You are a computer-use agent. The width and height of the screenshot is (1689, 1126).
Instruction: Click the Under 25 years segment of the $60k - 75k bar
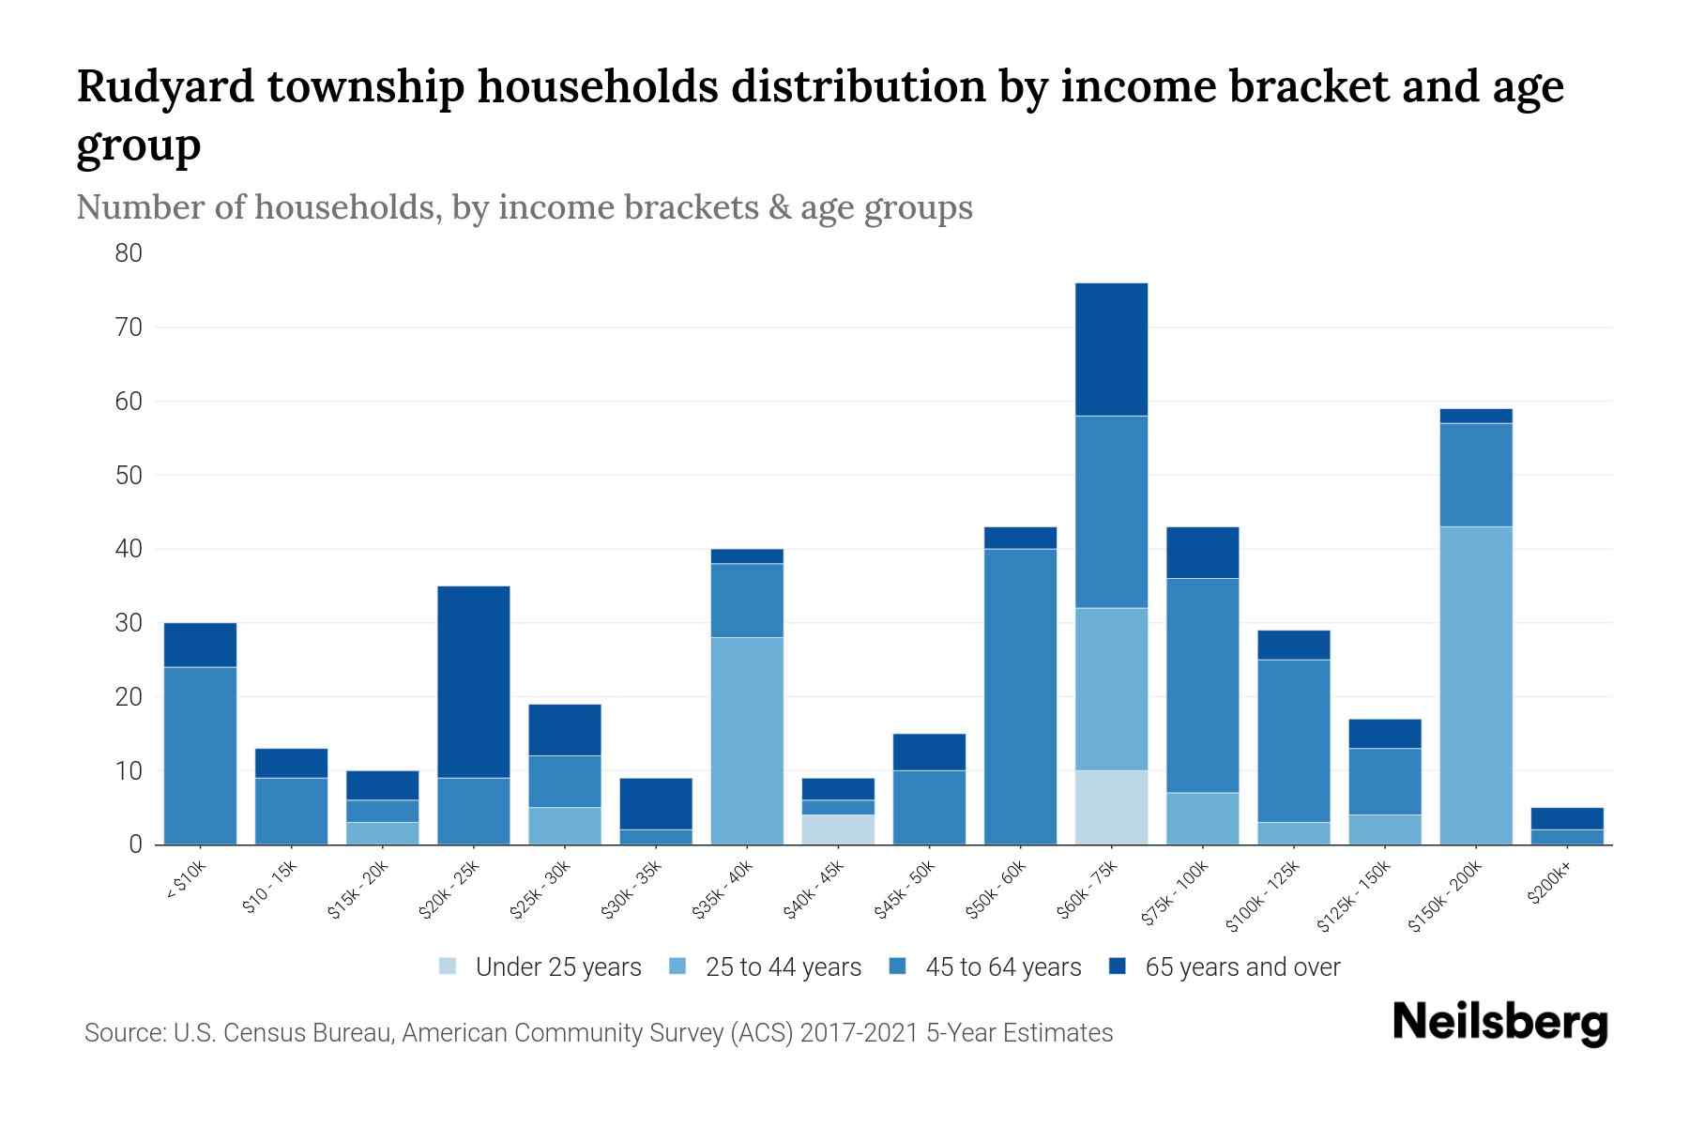[1111, 807]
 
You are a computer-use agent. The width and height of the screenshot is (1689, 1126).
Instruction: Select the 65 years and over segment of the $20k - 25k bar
[474, 682]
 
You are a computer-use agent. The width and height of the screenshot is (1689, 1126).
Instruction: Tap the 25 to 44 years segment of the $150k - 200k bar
[1476, 685]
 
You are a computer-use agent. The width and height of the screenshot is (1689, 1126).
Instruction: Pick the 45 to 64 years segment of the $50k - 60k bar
[1020, 696]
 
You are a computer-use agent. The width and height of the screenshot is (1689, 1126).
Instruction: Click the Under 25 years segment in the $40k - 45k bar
[838, 829]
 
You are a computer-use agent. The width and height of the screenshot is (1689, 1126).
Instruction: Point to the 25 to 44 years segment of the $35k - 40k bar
[747, 741]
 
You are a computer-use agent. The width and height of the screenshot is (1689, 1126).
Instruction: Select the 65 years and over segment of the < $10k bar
[200, 645]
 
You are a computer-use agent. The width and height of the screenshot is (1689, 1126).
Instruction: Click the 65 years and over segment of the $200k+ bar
[1567, 818]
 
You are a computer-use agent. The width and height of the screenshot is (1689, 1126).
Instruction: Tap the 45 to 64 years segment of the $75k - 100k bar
[1202, 685]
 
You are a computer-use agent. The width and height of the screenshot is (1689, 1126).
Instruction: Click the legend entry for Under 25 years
[558, 967]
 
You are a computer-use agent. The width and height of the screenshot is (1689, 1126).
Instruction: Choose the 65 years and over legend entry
[1242, 967]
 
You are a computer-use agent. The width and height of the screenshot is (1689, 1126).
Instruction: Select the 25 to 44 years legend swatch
[677, 966]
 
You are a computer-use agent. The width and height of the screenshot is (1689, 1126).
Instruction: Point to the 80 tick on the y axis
[129, 253]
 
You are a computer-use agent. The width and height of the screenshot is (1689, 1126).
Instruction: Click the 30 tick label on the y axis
[129, 623]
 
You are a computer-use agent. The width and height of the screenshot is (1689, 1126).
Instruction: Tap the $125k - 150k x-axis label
[1356, 897]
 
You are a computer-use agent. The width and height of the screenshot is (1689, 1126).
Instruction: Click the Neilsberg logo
[1500, 1023]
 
